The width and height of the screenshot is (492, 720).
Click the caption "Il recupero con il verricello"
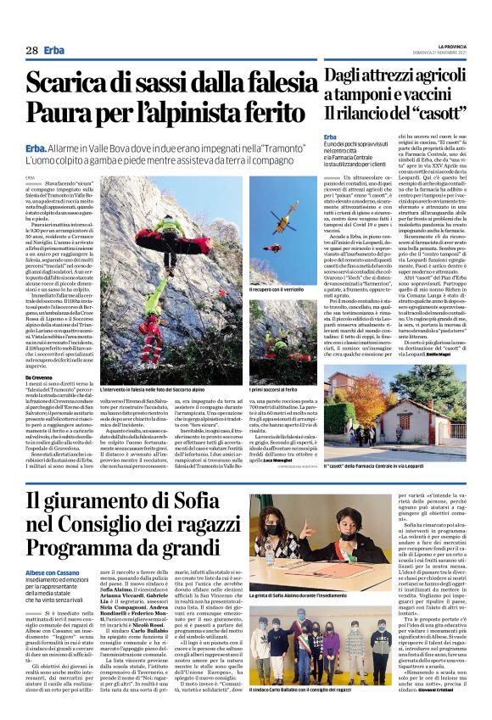pyautogui.click(x=275, y=290)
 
